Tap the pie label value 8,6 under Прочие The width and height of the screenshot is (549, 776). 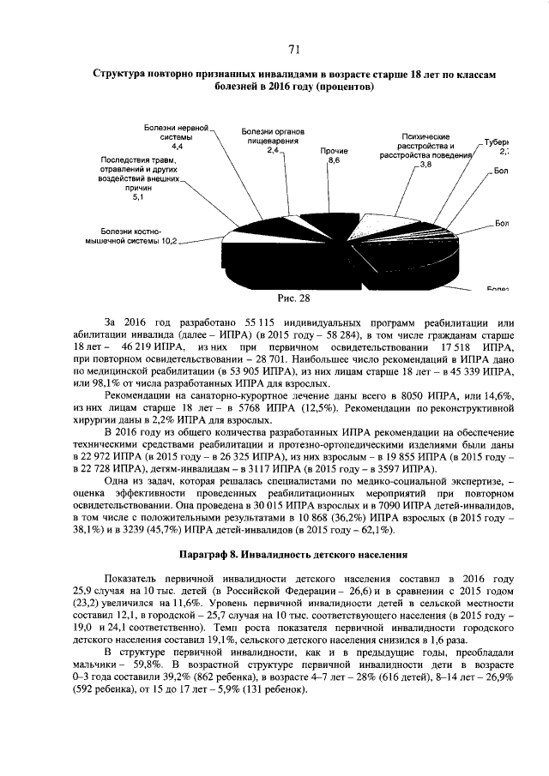click(335, 160)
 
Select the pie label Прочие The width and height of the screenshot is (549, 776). click(335, 151)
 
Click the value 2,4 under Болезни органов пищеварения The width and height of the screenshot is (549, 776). click(274, 150)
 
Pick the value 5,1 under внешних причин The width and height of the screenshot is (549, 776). click(137, 198)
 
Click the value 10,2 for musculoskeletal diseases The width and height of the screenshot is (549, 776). click(167, 241)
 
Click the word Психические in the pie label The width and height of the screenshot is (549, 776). click(426, 137)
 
